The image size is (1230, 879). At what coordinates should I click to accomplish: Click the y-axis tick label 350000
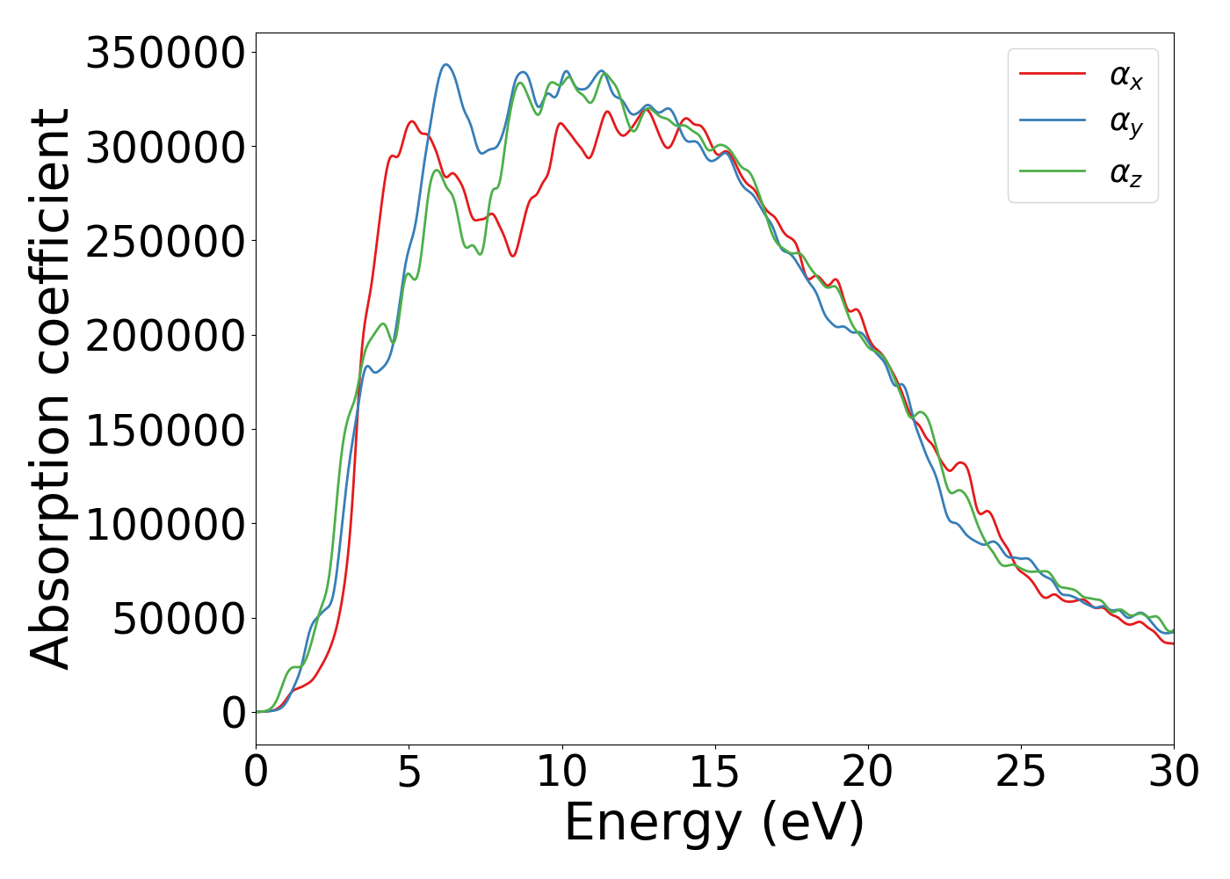pyautogui.click(x=165, y=53)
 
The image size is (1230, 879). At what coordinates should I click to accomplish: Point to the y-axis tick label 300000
pyautogui.click(x=165, y=147)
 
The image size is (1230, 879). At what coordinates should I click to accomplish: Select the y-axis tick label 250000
pyautogui.click(x=165, y=241)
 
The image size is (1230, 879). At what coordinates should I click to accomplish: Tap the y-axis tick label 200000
pyautogui.click(x=165, y=336)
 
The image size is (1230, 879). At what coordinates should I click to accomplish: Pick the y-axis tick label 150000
pyautogui.click(x=165, y=430)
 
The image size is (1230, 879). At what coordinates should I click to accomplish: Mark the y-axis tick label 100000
pyautogui.click(x=165, y=524)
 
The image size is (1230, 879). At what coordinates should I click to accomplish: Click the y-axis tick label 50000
pyautogui.click(x=178, y=619)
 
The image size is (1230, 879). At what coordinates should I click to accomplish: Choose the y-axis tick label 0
pyautogui.click(x=234, y=713)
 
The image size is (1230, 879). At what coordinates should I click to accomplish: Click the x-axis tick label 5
pyautogui.click(x=409, y=772)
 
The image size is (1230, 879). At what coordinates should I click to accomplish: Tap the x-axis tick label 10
pyautogui.click(x=562, y=772)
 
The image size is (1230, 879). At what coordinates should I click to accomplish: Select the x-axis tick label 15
pyautogui.click(x=715, y=772)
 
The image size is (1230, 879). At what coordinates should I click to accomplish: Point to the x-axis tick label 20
pyautogui.click(x=868, y=772)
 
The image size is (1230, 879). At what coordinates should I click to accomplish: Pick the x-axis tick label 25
pyautogui.click(x=1021, y=772)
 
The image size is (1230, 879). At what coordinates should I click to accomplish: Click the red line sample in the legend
pyautogui.click(x=1053, y=74)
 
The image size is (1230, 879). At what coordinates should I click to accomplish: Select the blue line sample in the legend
pyautogui.click(x=1053, y=121)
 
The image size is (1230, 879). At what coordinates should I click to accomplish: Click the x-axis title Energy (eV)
pyautogui.click(x=714, y=823)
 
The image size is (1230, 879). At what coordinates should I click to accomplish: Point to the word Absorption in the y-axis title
pyautogui.click(x=49, y=527)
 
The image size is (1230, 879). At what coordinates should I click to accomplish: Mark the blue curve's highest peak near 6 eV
pyautogui.click(x=446, y=64)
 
